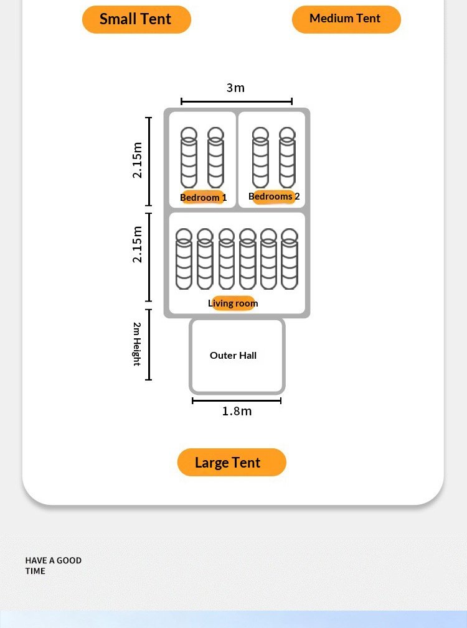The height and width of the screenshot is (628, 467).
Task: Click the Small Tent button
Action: point(136,19)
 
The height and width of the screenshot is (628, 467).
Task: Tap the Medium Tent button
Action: point(346,19)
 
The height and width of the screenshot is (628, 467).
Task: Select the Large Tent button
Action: point(231,463)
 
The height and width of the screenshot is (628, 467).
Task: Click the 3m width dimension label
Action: point(235,88)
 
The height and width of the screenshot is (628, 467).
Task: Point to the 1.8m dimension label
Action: point(237,411)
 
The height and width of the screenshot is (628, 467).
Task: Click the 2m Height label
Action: point(136,344)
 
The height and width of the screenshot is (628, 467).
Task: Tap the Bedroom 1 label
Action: point(203,198)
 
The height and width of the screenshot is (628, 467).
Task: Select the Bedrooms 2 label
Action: point(274,196)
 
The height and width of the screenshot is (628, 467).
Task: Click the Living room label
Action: point(233,303)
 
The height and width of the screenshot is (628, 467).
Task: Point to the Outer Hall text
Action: point(233,356)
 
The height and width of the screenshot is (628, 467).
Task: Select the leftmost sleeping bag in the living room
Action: point(184,259)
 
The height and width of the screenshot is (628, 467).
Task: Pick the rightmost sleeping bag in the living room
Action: point(290,259)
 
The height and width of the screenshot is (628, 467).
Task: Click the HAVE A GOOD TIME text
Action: point(53,565)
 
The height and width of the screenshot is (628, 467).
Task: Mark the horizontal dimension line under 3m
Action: point(237,101)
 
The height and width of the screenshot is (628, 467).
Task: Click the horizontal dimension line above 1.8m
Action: point(237,401)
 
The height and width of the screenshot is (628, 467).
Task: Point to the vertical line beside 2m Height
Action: point(149,344)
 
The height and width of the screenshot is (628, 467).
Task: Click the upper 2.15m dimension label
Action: point(138,160)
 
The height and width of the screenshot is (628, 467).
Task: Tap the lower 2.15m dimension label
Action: point(138,244)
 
